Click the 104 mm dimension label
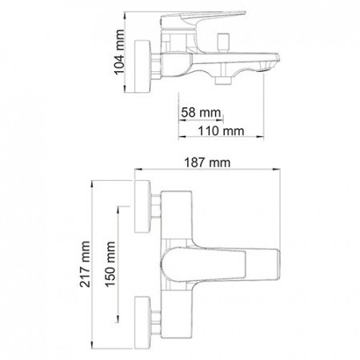[119, 52]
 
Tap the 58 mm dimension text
[201, 113]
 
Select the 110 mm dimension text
[221, 131]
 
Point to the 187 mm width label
[207, 162]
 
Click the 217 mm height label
[85, 264]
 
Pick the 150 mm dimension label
[110, 264]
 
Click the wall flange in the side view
[142, 66]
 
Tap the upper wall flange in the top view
[142, 206]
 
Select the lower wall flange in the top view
[142, 322]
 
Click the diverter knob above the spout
[223, 42]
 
